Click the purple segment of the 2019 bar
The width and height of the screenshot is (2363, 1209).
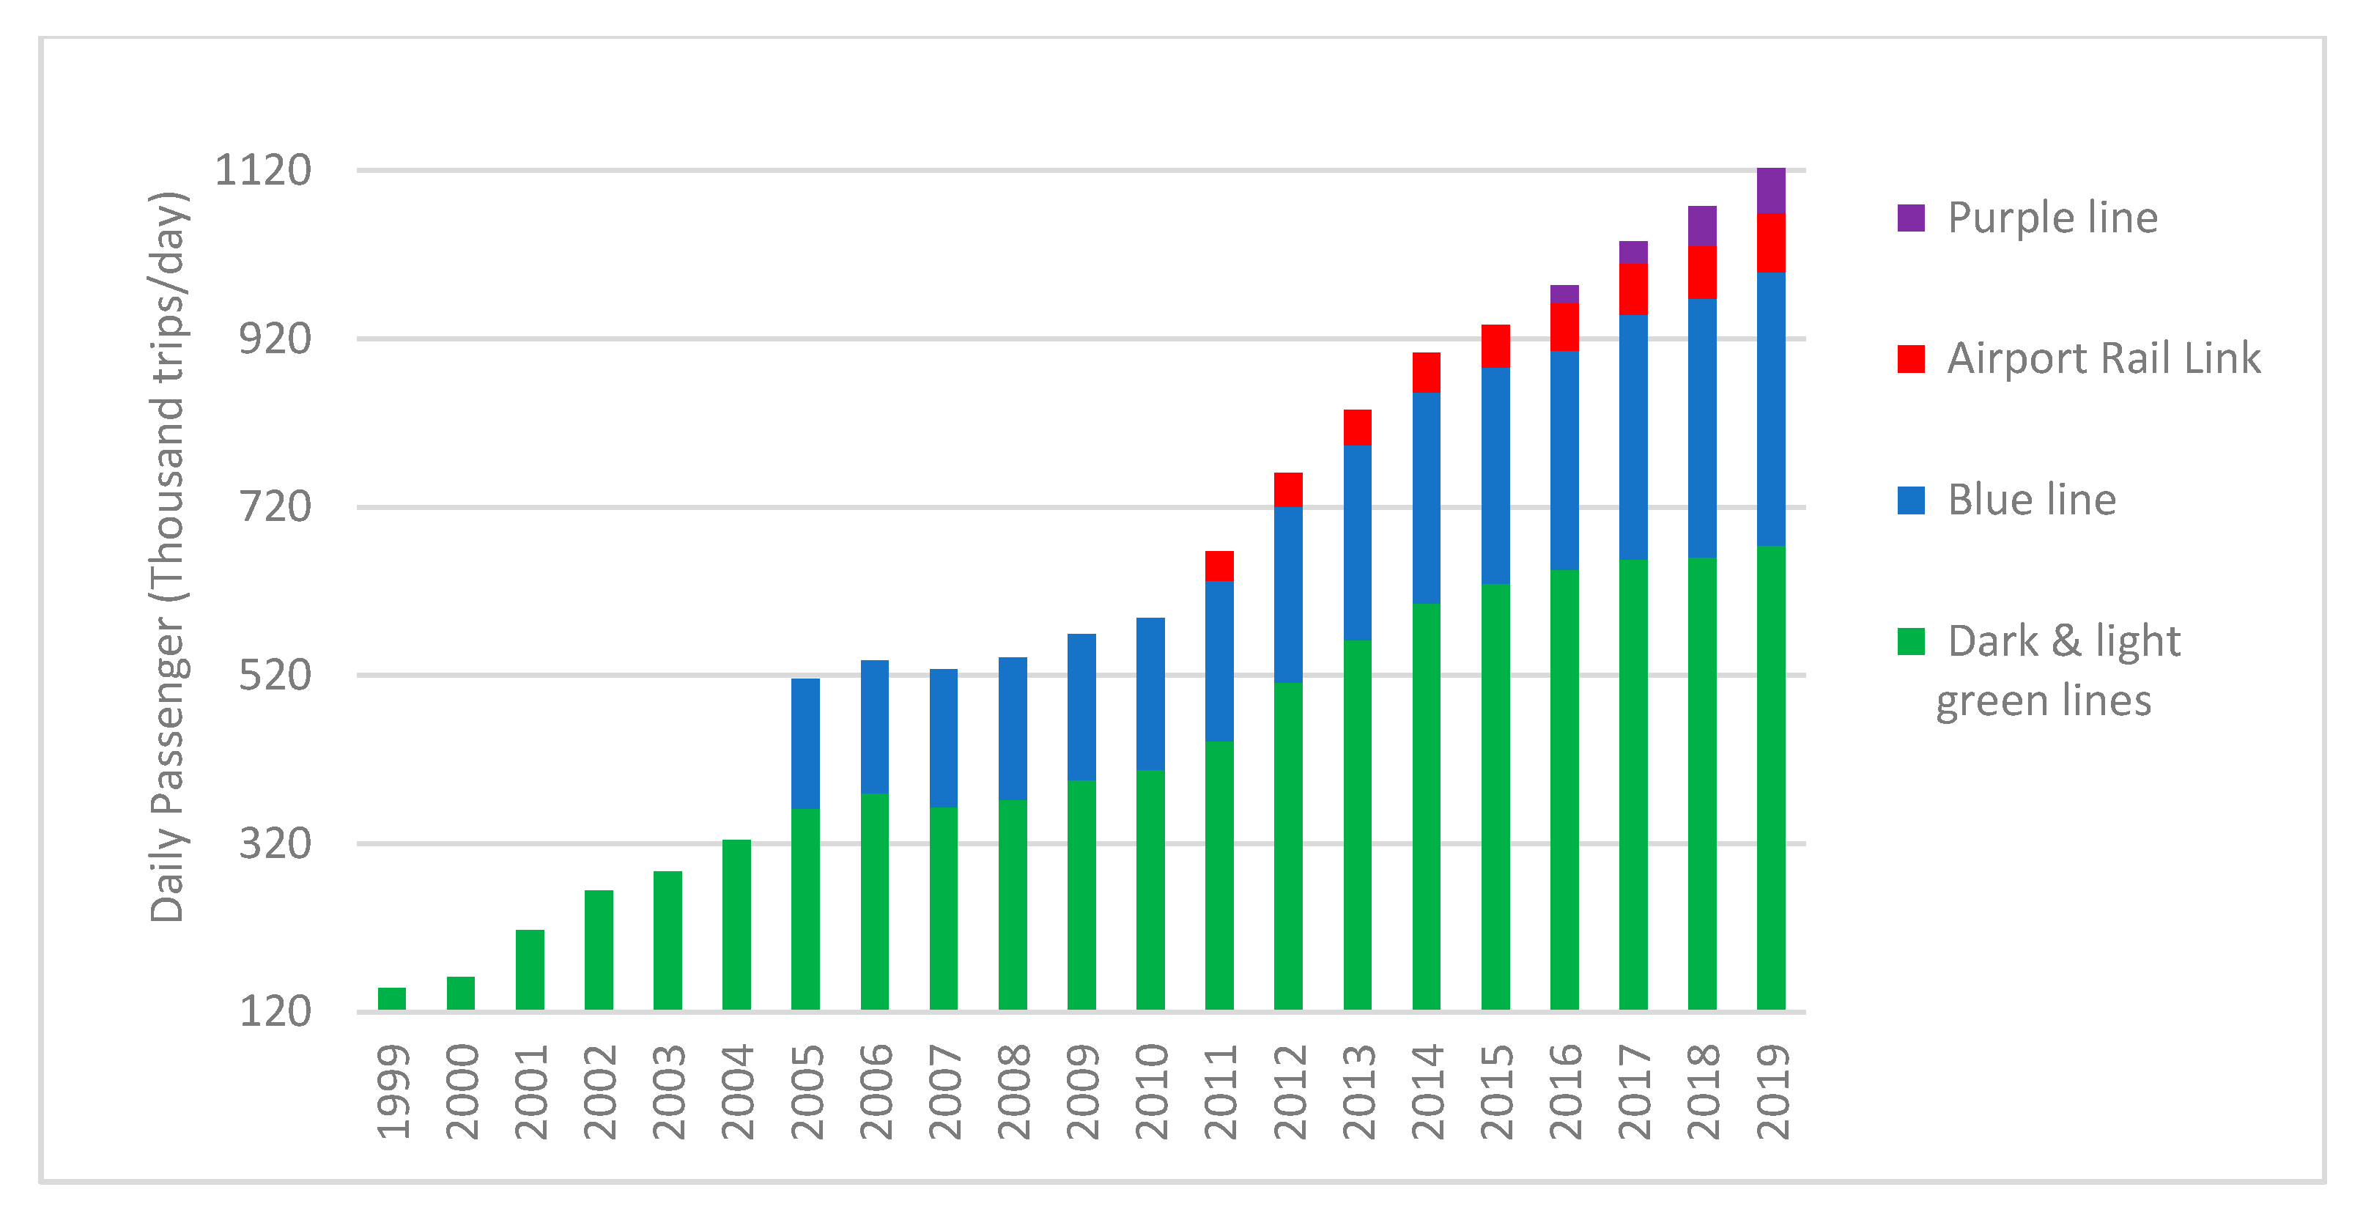(1770, 191)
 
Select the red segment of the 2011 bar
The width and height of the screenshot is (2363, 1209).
(1219, 566)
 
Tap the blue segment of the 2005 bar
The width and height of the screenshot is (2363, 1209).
(805, 743)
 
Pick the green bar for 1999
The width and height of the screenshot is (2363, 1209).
(392, 999)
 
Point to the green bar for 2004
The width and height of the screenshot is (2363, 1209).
(736, 925)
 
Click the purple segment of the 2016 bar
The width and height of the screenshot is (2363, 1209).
(1564, 295)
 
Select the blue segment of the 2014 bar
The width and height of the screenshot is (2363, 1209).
(1427, 498)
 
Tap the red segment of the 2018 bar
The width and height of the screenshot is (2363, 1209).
(1701, 273)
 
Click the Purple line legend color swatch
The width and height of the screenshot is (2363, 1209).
(1911, 218)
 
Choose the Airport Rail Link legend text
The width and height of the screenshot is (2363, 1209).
(2104, 358)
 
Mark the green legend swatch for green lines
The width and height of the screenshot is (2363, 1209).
(1911, 641)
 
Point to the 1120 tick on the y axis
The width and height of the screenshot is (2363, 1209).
(263, 171)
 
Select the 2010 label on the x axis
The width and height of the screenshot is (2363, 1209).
(1151, 1092)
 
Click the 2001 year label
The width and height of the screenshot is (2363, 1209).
(530, 1092)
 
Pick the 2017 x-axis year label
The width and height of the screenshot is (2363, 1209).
(1634, 1092)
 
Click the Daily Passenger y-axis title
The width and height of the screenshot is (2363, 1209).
(169, 557)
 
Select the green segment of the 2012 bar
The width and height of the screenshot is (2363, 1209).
(1288, 846)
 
